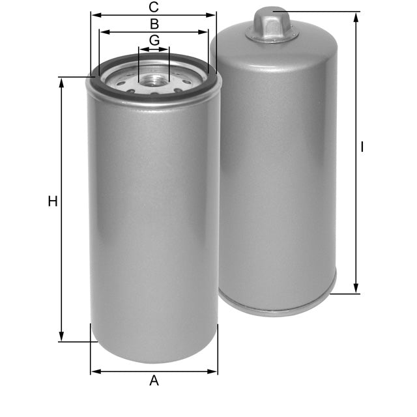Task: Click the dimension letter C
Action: [x=154, y=7]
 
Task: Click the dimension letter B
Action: [x=154, y=24]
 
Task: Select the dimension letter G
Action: [x=154, y=40]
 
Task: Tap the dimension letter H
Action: [x=53, y=201]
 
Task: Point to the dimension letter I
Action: [x=362, y=147]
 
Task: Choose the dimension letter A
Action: [x=154, y=381]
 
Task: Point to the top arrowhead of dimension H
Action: [x=62, y=81]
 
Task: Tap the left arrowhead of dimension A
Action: [x=94, y=371]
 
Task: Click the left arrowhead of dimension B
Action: [x=103, y=31]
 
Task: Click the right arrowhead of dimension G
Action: [x=166, y=48]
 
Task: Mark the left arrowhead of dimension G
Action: [x=141, y=48]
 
